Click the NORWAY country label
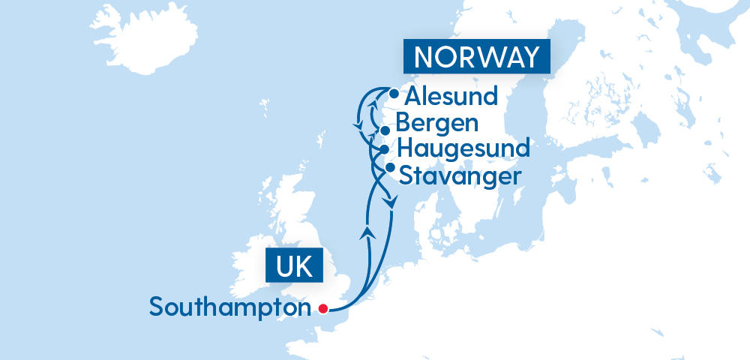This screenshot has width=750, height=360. point(476,57)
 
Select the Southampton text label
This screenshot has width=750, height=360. point(229,307)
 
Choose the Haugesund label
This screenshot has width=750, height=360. point(463,147)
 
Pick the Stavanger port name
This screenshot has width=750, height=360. point(459,176)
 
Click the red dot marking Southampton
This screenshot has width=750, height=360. point(323,307)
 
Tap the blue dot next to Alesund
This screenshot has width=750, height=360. point(394,94)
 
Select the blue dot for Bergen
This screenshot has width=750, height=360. point(385,130)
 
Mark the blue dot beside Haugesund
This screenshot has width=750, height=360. point(385,149)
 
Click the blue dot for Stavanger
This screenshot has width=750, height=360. point(389,166)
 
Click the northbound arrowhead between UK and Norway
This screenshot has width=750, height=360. point(367,232)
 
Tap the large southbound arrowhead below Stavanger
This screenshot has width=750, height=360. point(389,202)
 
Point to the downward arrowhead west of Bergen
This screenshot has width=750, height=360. point(358,123)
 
